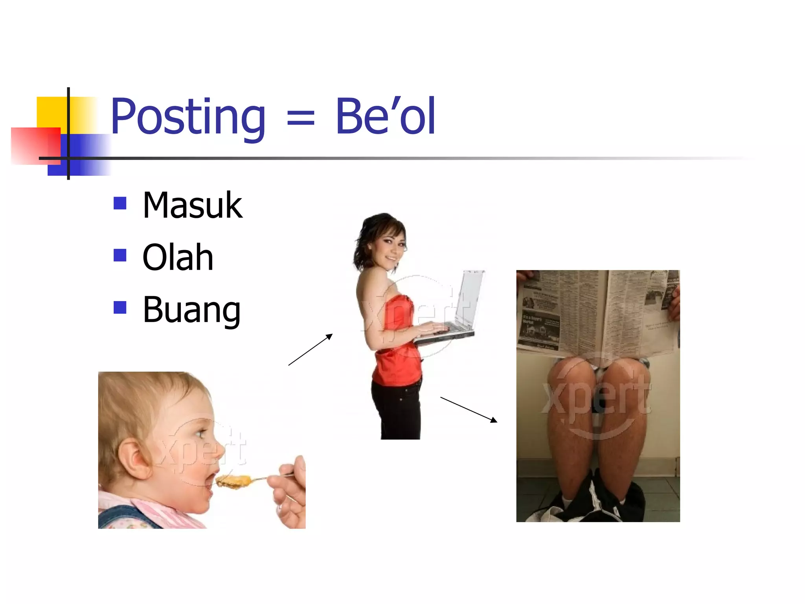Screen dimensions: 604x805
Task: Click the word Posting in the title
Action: (x=188, y=117)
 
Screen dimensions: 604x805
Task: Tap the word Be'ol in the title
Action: (x=385, y=116)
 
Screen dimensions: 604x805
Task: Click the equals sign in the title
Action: (x=301, y=117)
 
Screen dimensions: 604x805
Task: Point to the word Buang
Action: (x=191, y=311)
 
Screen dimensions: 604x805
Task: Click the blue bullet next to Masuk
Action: (x=120, y=203)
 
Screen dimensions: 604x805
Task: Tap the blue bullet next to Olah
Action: (x=120, y=255)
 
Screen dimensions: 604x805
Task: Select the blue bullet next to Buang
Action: (x=120, y=308)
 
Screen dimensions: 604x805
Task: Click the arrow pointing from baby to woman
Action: (x=311, y=350)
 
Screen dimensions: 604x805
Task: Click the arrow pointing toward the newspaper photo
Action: (x=469, y=409)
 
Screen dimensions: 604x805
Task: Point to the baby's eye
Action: (x=201, y=434)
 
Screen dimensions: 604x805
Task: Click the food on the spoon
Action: (x=234, y=481)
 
